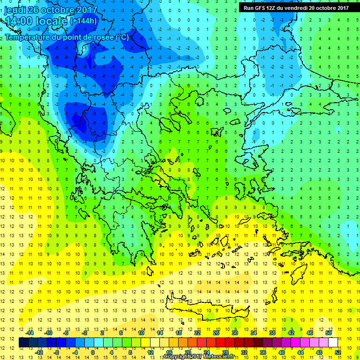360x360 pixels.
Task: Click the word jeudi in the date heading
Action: point(15,10)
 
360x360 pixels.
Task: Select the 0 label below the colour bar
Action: point(93,352)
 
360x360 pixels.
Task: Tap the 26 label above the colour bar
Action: point(216,333)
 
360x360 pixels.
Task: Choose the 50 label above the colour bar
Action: point(328,333)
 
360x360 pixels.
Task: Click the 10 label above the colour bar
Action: point(141,333)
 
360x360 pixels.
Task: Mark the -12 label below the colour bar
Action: point(39,352)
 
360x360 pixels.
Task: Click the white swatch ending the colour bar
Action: point(333,343)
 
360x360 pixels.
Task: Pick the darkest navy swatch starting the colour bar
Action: point(24,343)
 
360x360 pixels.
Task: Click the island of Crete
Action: point(206,309)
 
